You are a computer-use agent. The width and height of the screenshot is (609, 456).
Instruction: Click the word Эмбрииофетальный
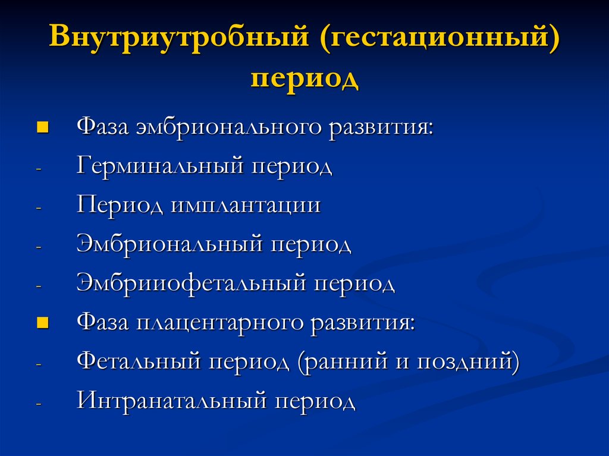[x=191, y=284]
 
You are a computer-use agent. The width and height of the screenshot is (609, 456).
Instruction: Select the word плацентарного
[x=222, y=323]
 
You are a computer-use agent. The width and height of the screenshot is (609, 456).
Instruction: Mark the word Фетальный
[x=137, y=361]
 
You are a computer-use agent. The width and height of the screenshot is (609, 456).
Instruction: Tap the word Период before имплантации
[x=121, y=206]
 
